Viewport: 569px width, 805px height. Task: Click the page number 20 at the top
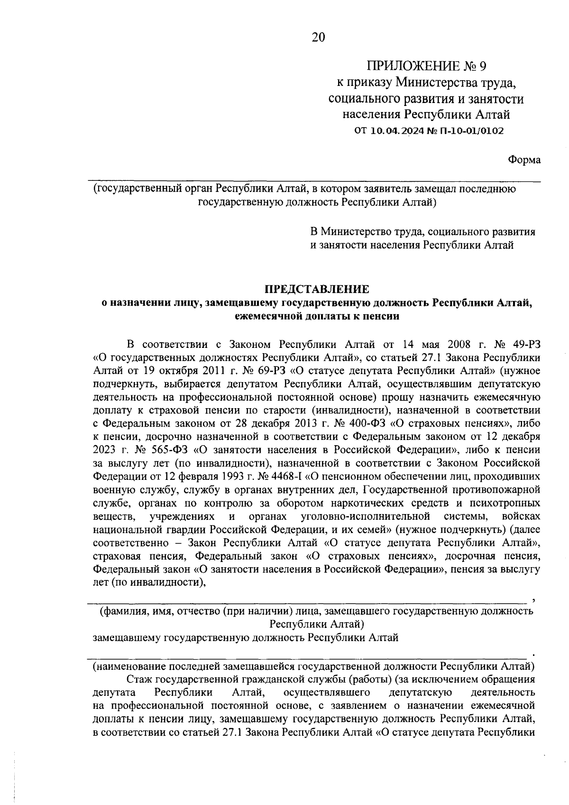[318, 37]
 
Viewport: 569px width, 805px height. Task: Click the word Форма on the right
[524, 160]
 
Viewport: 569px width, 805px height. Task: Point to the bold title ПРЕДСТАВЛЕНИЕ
[317, 289]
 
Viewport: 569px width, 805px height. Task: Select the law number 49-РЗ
[524, 343]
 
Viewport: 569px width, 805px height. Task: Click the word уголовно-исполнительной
[366, 515]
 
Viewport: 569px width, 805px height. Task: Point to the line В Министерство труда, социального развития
[422, 232]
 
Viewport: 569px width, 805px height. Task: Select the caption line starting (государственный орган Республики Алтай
[304, 189]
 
